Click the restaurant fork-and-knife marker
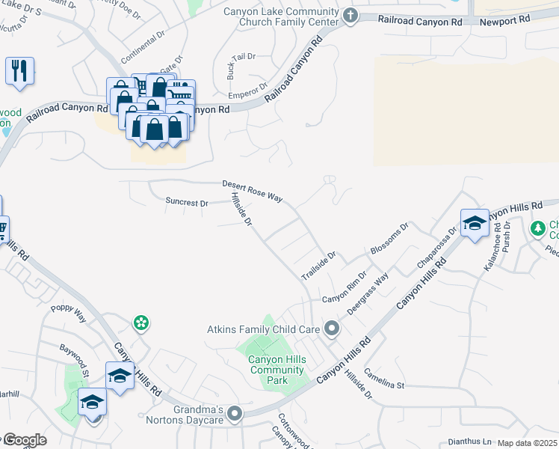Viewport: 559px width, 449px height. pos(18,71)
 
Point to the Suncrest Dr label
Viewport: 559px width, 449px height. pos(186,202)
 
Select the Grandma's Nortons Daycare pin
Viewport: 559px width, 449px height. pos(235,413)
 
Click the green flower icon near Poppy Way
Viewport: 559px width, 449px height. pos(140,323)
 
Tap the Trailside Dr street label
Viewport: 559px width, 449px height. pos(319,263)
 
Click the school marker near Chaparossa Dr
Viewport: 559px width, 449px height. pos(475,223)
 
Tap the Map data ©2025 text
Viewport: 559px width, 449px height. pos(526,443)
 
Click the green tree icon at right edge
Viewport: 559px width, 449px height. pos(537,227)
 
